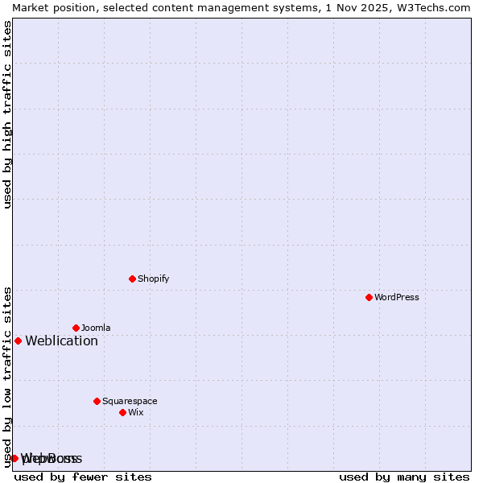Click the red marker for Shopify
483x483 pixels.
click(132, 279)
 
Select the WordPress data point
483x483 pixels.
click(369, 297)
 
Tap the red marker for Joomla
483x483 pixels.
click(76, 328)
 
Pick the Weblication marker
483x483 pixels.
click(18, 341)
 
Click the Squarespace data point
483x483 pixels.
click(97, 401)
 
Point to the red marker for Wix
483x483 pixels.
click(122, 412)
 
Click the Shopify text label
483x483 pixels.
click(153, 279)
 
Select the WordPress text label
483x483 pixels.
click(396, 297)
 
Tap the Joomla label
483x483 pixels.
click(96, 328)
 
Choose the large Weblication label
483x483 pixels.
click(61, 341)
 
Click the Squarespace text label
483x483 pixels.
click(130, 401)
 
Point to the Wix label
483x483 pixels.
click(135, 412)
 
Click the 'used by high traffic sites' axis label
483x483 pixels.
click(7, 114)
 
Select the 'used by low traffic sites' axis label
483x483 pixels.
click(7, 377)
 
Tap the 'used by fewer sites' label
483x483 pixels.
click(83, 477)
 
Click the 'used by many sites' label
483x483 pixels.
click(404, 477)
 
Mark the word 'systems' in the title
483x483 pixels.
click(295, 7)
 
